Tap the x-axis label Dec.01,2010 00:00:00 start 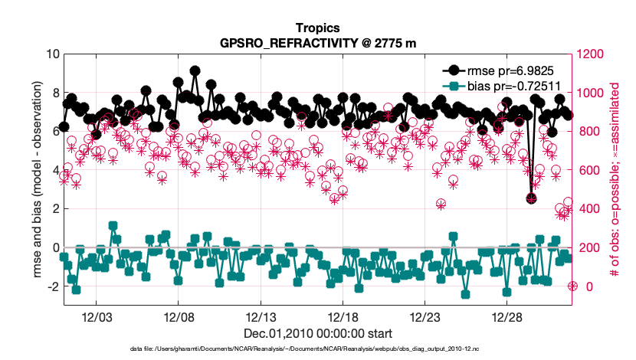click(318, 333)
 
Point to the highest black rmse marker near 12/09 click(195, 70)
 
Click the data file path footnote click(318, 349)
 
